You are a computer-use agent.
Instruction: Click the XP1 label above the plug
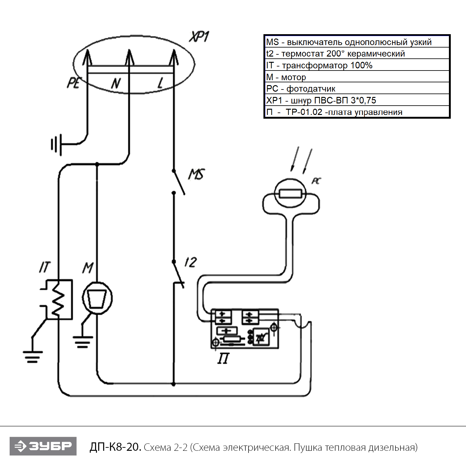(199, 37)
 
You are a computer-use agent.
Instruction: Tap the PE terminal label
(74, 83)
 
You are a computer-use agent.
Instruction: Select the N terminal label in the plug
(116, 83)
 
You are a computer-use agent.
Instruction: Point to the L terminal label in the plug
(160, 83)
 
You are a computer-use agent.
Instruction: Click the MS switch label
(197, 174)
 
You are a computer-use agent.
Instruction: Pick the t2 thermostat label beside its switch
(190, 263)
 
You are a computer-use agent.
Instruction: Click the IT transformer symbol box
(59, 299)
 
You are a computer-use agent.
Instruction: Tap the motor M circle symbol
(97, 298)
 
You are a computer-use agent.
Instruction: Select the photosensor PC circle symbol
(290, 193)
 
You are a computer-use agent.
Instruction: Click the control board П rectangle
(245, 329)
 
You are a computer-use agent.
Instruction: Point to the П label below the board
(223, 359)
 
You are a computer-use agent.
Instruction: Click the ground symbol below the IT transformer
(33, 357)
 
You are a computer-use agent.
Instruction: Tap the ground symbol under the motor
(83, 342)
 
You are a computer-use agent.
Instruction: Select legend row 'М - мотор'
(357, 77)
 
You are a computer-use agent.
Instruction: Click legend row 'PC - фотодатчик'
(357, 89)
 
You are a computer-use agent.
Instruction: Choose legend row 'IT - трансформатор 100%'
(357, 65)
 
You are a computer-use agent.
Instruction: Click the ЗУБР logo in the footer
(43, 446)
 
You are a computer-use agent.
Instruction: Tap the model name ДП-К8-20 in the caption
(115, 447)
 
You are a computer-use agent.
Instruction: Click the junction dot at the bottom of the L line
(174, 384)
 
